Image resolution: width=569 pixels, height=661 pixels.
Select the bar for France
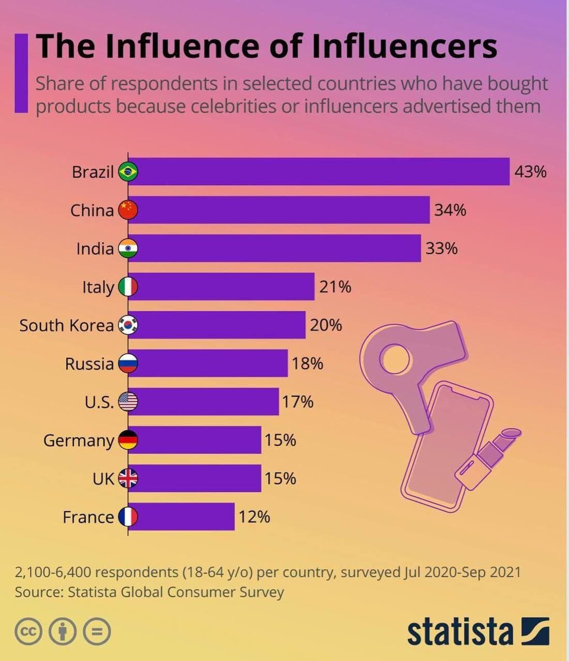pos(181,517)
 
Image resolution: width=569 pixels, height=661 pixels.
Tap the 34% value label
pos(450,210)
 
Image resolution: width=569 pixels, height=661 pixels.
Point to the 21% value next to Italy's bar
pos(335,287)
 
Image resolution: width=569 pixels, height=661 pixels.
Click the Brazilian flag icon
pos(128,172)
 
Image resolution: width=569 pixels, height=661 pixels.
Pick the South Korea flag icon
pos(128,325)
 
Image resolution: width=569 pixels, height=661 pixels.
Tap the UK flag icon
pos(128,479)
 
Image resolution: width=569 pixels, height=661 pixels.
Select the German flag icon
pos(128,440)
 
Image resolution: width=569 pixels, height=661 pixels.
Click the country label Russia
pos(89,364)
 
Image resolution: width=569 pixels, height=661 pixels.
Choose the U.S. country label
pos(99,402)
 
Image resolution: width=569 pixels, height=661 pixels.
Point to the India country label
pos(95,248)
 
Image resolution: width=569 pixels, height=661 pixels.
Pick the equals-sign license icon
pos(97,632)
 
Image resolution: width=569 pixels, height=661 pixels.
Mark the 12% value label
pos(254,517)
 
